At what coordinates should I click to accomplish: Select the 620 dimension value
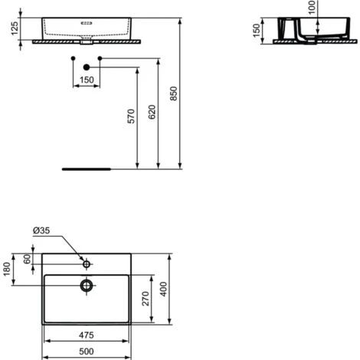[152, 113]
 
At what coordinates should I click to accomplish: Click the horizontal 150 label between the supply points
[87, 80]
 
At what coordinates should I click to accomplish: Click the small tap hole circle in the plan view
[87, 264]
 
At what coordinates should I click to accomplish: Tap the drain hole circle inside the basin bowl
[87, 286]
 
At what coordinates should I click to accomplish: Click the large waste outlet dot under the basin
[87, 67]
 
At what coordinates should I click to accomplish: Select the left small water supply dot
[73, 58]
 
